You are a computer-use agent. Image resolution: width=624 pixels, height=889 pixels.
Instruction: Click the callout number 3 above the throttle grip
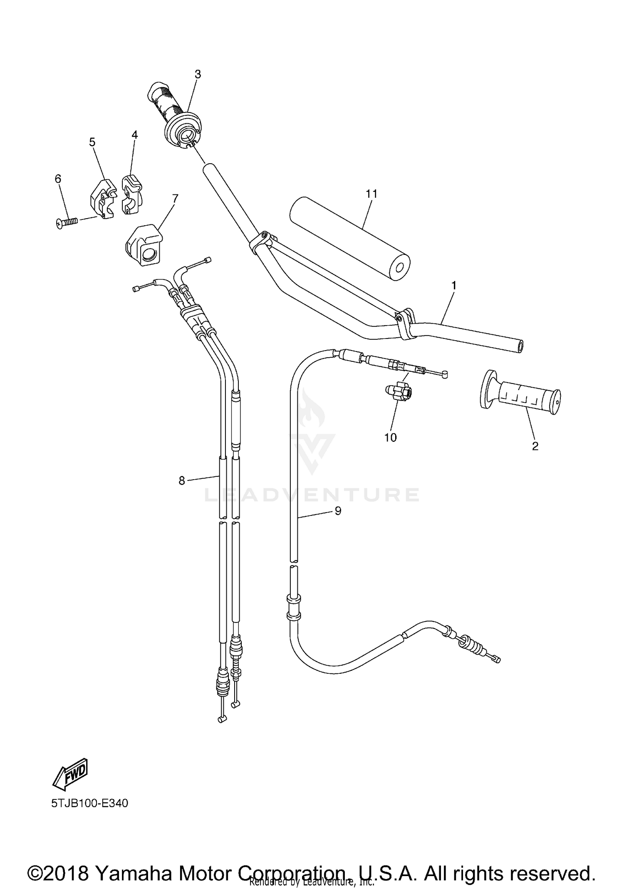[198, 74]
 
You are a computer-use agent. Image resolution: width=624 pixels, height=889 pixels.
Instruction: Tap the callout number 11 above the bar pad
[371, 194]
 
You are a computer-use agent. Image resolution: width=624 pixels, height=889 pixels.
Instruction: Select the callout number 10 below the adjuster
[390, 438]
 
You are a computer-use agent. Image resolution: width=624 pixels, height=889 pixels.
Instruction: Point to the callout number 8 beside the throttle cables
[181, 481]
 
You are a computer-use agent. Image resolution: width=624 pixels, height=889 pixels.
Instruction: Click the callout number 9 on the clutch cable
[337, 511]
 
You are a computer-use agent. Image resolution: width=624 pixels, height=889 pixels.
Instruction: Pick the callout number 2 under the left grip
[535, 446]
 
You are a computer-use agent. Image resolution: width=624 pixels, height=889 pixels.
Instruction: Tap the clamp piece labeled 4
[131, 194]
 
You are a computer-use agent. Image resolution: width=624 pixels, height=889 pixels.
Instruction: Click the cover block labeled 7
[144, 245]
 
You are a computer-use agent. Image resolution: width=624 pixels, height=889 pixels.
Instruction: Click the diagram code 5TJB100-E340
[89, 803]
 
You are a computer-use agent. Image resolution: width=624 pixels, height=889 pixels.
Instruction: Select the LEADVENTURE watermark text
[312, 495]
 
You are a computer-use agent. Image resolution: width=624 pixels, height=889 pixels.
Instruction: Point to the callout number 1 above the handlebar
[453, 286]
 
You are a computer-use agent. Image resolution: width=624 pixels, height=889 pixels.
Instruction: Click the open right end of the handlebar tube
[520, 346]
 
